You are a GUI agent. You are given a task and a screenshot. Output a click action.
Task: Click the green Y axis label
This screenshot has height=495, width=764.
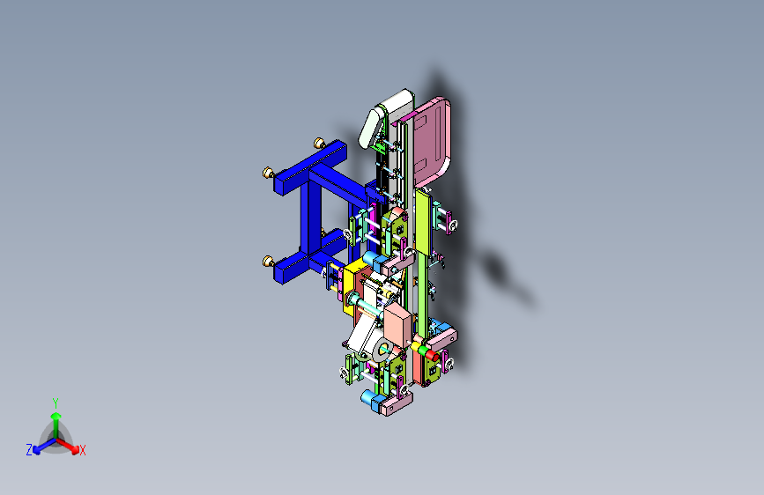55,401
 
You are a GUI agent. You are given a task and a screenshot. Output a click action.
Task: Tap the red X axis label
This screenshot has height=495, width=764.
83,451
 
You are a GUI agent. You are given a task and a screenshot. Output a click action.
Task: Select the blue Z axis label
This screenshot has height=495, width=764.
29,450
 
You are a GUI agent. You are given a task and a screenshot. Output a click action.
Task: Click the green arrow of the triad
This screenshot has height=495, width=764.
55,417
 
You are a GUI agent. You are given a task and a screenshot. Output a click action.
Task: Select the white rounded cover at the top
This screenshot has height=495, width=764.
384,119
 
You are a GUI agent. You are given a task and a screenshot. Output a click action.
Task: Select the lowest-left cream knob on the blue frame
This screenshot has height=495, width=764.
267,261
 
